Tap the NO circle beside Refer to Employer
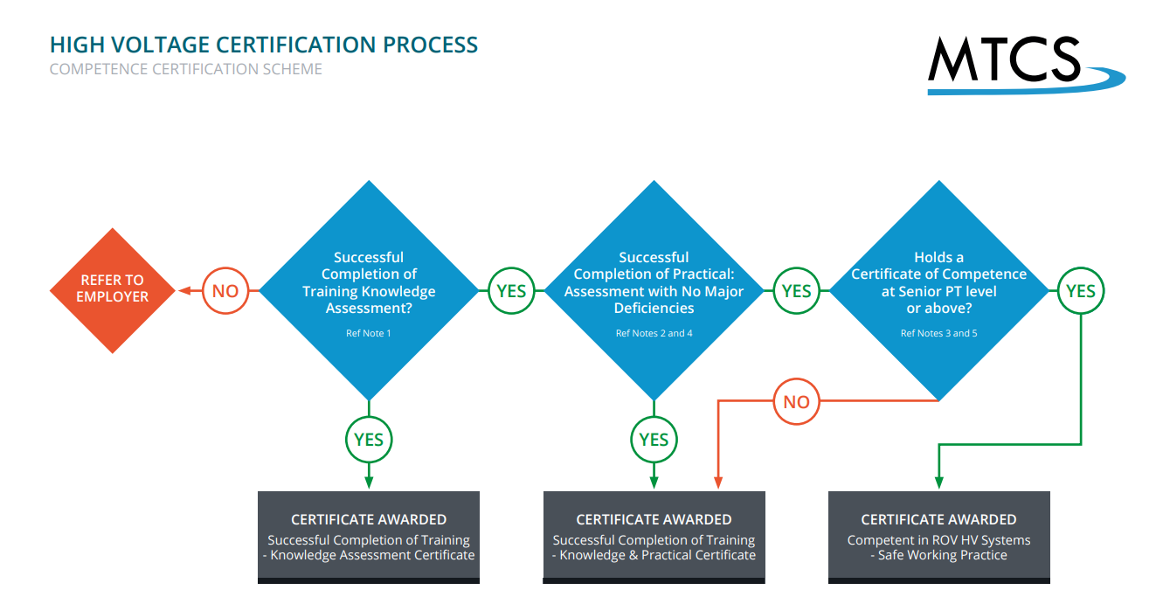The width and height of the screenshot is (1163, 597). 225,290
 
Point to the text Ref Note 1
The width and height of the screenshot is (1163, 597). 369,333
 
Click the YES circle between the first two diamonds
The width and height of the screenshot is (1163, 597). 511,290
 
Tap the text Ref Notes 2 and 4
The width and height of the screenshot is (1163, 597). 654,333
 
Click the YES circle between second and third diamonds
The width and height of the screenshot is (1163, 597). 796,290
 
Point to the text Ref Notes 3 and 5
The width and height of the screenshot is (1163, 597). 938,333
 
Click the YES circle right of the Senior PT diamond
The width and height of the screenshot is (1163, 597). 1081,290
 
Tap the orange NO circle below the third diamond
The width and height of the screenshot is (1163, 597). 796,402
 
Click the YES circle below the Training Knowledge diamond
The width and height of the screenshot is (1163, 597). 369,439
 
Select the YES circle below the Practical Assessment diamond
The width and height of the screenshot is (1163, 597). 654,439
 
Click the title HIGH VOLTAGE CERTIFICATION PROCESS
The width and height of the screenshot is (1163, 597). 264,45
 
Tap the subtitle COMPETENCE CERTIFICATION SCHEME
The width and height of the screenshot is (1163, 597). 186,69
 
